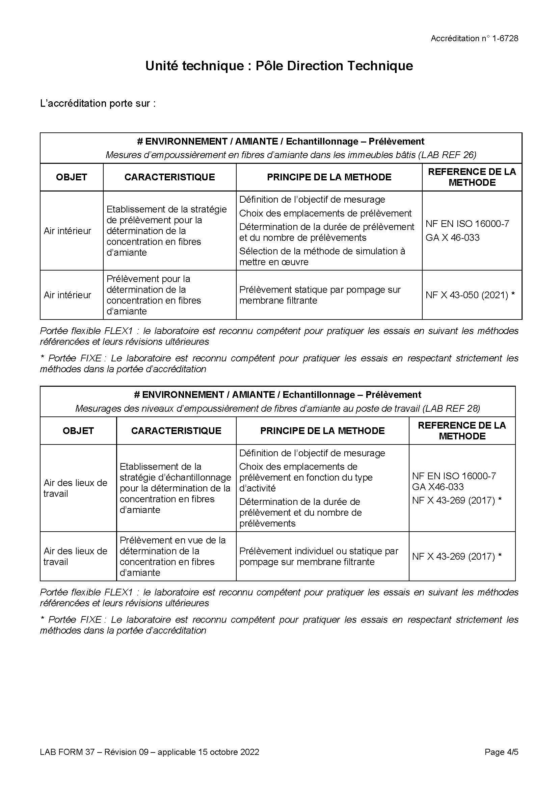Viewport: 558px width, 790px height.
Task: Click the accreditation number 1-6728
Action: click(x=505, y=39)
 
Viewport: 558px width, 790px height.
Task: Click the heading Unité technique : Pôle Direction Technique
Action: click(x=279, y=66)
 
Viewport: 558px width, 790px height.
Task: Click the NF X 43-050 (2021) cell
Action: click(x=470, y=295)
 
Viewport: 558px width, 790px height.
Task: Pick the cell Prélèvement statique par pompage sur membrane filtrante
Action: click(x=320, y=295)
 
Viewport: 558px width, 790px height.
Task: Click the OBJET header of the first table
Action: click(x=72, y=177)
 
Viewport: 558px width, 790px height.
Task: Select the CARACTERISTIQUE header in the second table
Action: click(x=176, y=431)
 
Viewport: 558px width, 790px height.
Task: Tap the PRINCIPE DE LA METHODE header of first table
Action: click(x=329, y=177)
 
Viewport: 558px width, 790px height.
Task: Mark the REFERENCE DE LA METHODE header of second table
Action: click(x=462, y=431)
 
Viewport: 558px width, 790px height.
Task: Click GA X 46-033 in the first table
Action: click(x=452, y=237)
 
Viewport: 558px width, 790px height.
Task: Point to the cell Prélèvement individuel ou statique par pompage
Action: click(x=318, y=556)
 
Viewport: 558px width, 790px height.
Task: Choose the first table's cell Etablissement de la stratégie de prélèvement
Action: click(x=166, y=231)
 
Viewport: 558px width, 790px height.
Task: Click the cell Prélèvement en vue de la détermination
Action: click(x=172, y=556)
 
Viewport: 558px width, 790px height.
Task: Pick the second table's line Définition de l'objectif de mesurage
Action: click(x=312, y=453)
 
